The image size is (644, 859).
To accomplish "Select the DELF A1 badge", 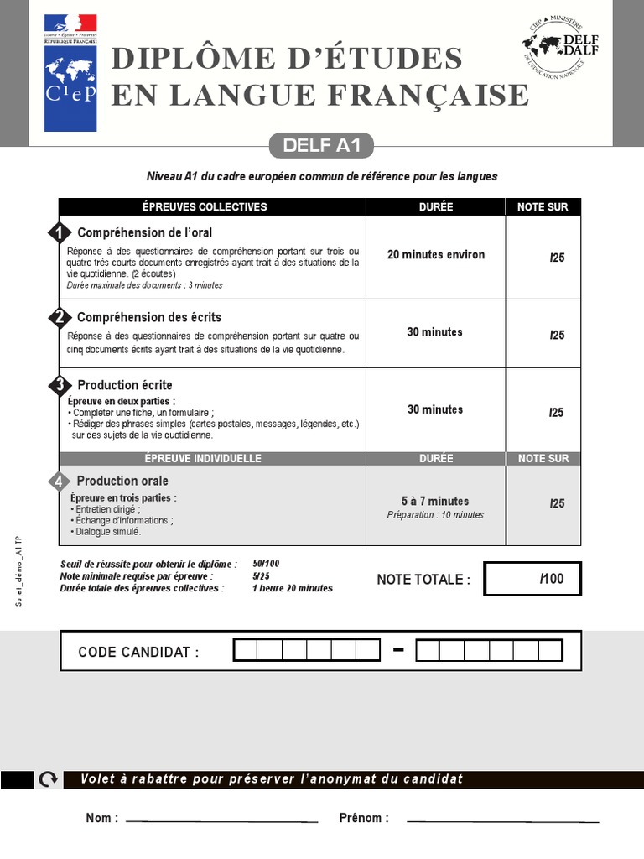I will [x=321, y=145].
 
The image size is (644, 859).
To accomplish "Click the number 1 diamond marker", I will [x=59, y=233].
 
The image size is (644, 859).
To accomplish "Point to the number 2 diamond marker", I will [x=59, y=317].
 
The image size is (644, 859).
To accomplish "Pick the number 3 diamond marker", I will [x=59, y=385].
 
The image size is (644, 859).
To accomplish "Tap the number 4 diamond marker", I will [x=59, y=482].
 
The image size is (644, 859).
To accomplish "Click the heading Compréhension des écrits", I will [x=148, y=317].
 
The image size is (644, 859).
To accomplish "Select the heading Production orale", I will [x=122, y=481].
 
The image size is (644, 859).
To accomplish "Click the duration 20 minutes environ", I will [x=435, y=255].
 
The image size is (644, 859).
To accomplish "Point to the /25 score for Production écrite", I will [x=557, y=412].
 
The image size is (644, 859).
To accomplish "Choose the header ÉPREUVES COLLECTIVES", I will [x=211, y=207].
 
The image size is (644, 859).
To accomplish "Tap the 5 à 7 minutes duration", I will [x=435, y=501].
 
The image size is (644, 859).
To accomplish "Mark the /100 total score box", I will [x=532, y=579].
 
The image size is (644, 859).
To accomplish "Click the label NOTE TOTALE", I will [x=423, y=580].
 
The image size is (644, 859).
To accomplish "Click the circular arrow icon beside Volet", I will [x=48, y=779].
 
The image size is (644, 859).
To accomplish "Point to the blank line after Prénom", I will [x=501, y=820].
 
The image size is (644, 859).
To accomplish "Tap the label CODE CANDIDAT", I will [x=138, y=653].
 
